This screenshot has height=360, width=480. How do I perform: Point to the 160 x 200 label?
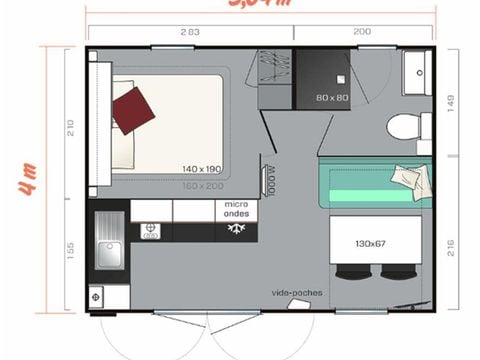(x=201, y=186)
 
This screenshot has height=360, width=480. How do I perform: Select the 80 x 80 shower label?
(x=332, y=98)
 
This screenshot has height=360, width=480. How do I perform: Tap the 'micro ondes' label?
(x=236, y=208)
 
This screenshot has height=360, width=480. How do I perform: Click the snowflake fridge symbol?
(x=237, y=230)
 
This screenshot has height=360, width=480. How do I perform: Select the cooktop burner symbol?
(x=152, y=231)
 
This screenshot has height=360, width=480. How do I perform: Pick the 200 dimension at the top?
(x=362, y=32)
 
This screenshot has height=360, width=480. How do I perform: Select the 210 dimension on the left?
(x=69, y=127)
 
